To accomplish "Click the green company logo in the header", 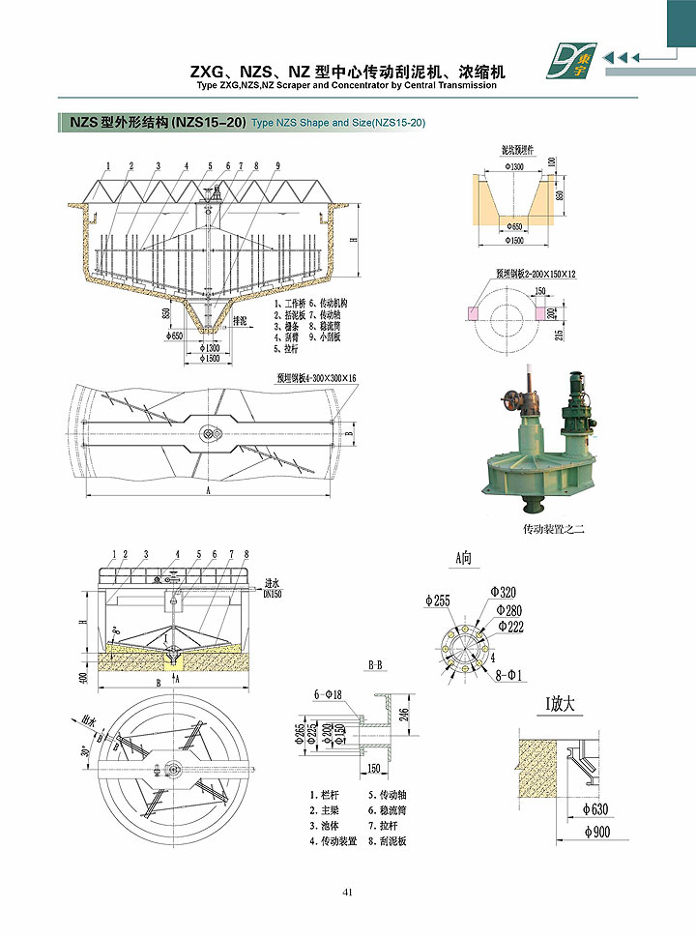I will [571, 61].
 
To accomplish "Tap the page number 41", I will [347, 892].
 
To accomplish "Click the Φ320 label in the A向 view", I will [504, 593].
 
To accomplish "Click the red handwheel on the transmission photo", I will [513, 398].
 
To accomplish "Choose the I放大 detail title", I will [561, 705].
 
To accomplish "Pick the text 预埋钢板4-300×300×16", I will [316, 378].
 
